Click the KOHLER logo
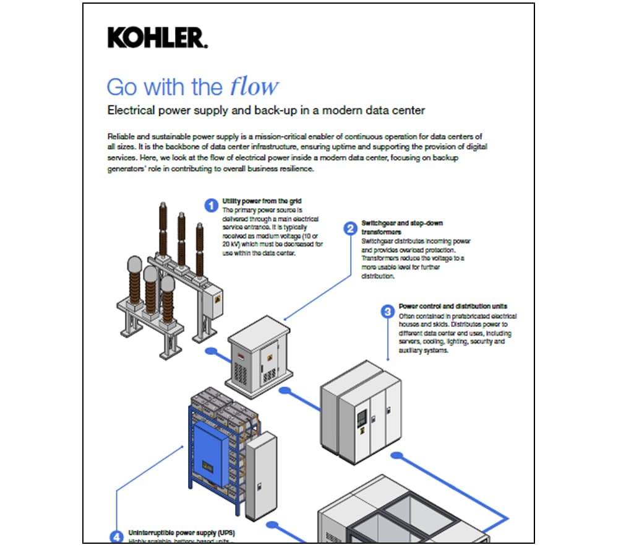click(157, 38)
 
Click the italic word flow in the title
click(254, 86)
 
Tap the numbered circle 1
click(212, 204)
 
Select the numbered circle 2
click(350, 228)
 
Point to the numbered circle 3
click(388, 312)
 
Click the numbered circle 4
click(116, 536)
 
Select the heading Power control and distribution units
click(453, 306)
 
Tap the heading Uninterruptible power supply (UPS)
click(181, 533)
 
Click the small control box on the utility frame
click(216, 300)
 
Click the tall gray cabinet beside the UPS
click(260, 474)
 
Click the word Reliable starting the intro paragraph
click(121, 136)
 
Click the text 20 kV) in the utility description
click(234, 245)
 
